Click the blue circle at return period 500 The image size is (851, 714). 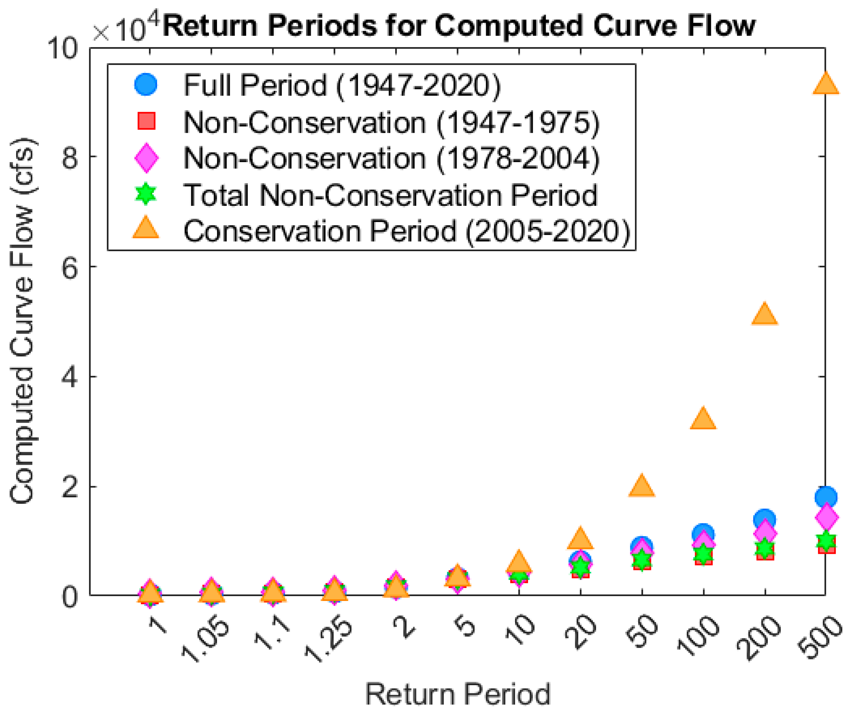pyautogui.click(x=826, y=497)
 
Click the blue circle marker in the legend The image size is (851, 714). pyautogui.click(x=146, y=85)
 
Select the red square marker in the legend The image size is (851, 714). pyautogui.click(x=146, y=121)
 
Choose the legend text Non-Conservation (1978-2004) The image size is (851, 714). pyautogui.click(x=392, y=158)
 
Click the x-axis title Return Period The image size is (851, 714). pyautogui.click(x=458, y=694)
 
